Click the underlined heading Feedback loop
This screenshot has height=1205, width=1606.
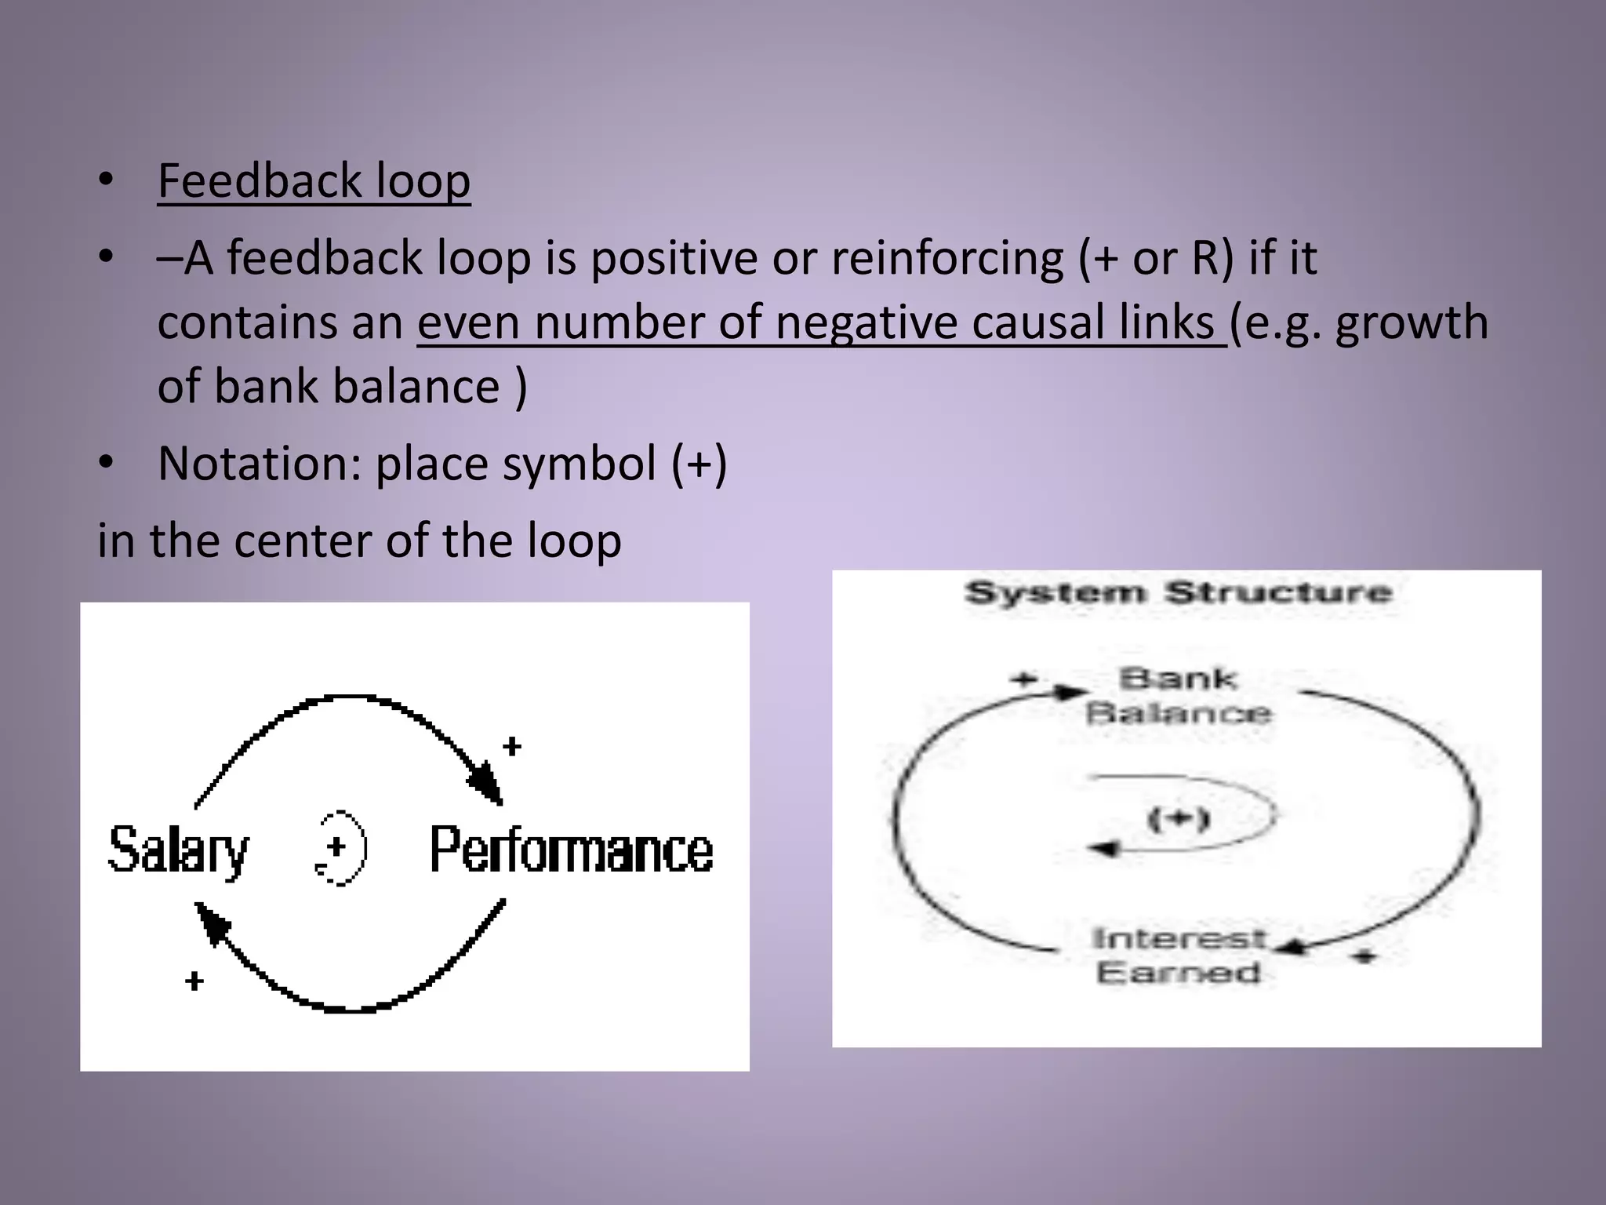click(314, 181)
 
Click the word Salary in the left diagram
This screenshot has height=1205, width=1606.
click(178, 850)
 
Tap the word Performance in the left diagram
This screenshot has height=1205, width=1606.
click(571, 850)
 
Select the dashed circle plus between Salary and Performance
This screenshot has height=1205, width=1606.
click(340, 847)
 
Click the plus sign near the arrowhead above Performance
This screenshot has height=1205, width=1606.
click(511, 746)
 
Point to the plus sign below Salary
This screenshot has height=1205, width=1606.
click(194, 981)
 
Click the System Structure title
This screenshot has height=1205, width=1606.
click(1178, 592)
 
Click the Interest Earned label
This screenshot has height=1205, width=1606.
click(1178, 955)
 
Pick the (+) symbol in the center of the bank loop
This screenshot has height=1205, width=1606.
click(1179, 819)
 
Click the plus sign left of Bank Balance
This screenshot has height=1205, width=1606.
click(1023, 679)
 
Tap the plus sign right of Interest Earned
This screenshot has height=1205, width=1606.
click(1365, 956)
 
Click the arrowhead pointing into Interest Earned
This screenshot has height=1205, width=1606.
click(1290, 948)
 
